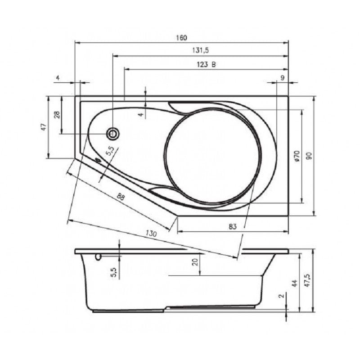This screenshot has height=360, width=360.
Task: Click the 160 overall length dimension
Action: click(181, 38)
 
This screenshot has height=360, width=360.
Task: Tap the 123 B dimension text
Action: click(206, 64)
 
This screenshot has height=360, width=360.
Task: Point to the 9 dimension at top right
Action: click(282, 78)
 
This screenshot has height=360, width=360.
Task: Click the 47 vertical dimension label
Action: click(44, 127)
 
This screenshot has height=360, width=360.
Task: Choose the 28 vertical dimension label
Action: click(57, 115)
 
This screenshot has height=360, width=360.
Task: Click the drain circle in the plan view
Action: click(113, 133)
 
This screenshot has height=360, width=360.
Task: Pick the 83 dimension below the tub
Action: click(232, 227)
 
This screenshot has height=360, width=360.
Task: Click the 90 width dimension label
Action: click(309, 155)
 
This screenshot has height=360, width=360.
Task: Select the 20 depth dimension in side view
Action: click(195, 262)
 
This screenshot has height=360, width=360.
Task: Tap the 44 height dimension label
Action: click(295, 283)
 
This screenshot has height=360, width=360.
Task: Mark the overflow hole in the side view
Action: click(98, 256)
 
